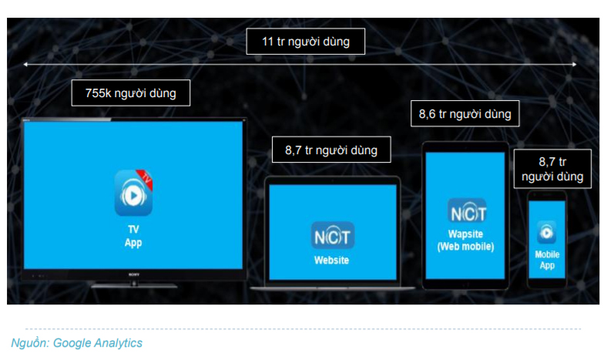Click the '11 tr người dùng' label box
point(305,42)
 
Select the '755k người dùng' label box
point(131,93)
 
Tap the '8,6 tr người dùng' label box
point(465,114)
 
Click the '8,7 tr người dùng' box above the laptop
point(331,150)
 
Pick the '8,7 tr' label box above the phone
point(552,169)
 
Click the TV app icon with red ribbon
point(134,193)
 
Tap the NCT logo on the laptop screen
point(332,236)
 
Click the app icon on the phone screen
point(547,232)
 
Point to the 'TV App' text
point(133,236)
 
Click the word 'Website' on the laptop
point(331,261)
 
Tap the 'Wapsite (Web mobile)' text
point(465,241)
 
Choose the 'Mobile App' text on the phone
point(547,260)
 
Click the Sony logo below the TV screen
point(134,274)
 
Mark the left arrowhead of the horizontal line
point(25,65)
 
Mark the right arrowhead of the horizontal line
point(575,65)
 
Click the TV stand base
point(134,285)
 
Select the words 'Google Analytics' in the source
point(97,342)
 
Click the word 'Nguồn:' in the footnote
point(31,342)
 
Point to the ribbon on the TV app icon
point(146,179)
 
